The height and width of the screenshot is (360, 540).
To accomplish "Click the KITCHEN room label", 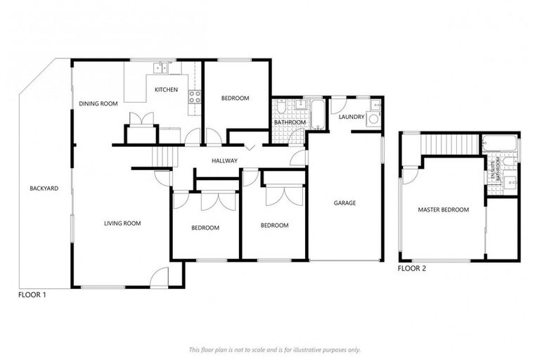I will [166, 90].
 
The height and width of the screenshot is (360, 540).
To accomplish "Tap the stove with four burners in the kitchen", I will [195, 97].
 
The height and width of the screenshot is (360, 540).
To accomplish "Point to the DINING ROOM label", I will [98, 104].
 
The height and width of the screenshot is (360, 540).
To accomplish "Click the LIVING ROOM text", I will [122, 224].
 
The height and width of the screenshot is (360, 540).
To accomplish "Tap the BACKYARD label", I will [44, 188].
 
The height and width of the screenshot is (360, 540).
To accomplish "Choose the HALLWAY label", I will [225, 161].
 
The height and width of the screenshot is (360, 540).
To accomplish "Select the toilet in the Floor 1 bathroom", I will [281, 107].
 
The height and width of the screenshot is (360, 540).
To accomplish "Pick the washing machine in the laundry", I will [373, 119].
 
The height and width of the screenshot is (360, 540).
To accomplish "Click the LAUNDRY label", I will [351, 117].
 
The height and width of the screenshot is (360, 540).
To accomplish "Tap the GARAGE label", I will [345, 203].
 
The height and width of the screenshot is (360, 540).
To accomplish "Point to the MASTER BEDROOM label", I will [443, 210].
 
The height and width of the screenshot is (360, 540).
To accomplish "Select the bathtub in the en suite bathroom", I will [501, 146].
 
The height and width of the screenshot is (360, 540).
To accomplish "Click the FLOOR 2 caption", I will [411, 269].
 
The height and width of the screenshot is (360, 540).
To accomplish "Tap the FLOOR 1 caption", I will [32, 295].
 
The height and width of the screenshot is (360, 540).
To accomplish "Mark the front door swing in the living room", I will [160, 277].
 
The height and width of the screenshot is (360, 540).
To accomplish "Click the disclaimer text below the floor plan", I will [274, 349].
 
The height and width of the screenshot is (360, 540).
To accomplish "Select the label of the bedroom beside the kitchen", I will [235, 98].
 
